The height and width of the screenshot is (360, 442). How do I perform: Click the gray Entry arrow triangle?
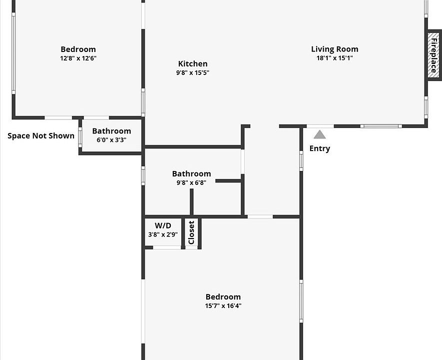(x=320, y=134)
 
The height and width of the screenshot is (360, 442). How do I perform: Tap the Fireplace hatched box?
(x=434, y=55)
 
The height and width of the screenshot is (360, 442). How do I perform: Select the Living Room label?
(x=335, y=49)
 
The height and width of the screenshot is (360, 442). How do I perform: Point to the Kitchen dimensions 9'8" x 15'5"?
(x=193, y=72)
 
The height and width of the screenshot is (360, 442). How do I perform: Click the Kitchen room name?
(x=193, y=63)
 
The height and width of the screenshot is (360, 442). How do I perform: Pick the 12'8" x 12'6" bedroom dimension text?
(x=78, y=58)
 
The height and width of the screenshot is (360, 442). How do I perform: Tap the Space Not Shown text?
(x=41, y=135)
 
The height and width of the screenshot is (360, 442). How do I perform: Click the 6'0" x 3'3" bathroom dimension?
(x=112, y=139)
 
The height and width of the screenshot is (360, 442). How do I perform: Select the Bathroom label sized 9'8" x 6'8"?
(x=191, y=173)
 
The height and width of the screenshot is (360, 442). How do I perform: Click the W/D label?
(x=163, y=225)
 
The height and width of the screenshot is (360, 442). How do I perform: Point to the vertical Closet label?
(x=191, y=232)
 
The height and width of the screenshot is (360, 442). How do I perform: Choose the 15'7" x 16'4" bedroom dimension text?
(x=223, y=305)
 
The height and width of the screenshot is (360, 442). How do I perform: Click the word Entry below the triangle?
(x=320, y=148)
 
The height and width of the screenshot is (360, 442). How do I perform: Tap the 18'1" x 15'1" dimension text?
(x=335, y=58)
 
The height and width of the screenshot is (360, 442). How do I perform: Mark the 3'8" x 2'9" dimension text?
(x=163, y=234)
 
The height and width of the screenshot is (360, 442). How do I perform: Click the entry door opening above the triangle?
(x=320, y=126)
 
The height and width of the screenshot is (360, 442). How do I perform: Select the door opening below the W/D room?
(x=167, y=247)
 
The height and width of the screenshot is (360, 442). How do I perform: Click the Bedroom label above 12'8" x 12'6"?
(x=78, y=49)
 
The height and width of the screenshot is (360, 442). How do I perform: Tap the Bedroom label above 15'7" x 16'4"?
(x=223, y=297)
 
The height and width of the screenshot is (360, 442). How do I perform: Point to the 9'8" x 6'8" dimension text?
(x=191, y=182)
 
